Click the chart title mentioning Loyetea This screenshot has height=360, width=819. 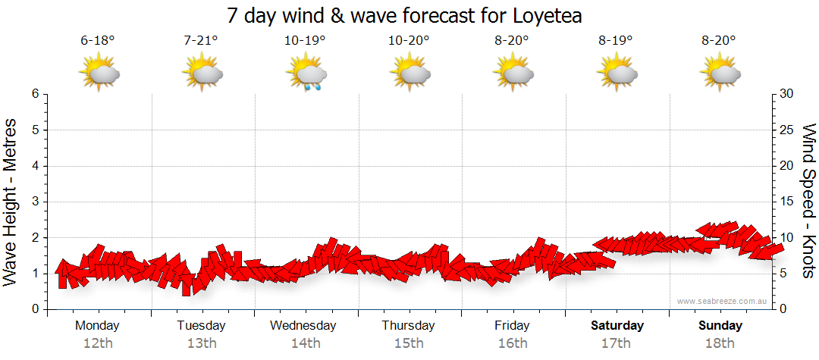click(409, 16)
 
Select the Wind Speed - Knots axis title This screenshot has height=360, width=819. click(808, 201)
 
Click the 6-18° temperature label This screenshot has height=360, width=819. click(97, 41)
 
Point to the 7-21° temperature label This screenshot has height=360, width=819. click(201, 41)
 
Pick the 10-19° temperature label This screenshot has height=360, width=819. click(305, 41)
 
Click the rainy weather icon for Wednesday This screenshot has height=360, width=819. click(306, 74)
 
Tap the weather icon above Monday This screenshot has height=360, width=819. click(99, 74)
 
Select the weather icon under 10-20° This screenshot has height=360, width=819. click(410, 74)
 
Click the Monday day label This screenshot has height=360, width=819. click(97, 326)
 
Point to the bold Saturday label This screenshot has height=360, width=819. click(617, 326)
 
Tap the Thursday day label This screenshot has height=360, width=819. click(408, 326)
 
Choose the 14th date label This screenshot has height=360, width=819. click(305, 343)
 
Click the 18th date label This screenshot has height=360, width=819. click(720, 343)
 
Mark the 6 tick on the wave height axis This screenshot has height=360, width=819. click(34, 94)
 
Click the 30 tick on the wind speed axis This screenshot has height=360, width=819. click(788, 94)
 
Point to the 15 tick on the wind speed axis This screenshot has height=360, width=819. click(788, 202)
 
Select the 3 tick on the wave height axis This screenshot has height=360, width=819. click(34, 202)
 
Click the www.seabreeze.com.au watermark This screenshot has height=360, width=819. click(722, 302)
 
